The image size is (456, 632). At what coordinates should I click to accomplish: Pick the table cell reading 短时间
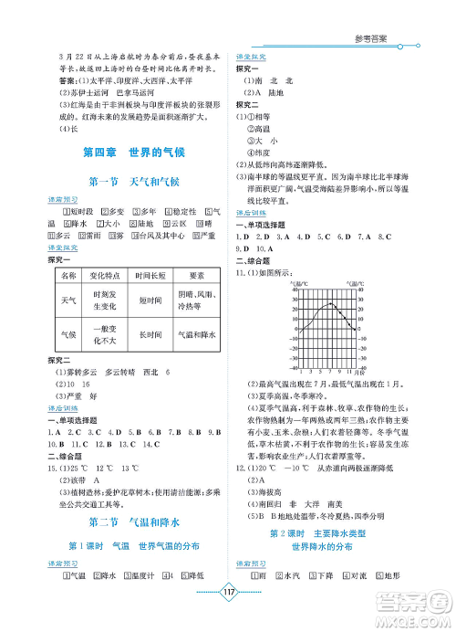[145, 300]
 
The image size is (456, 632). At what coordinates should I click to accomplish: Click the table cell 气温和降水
[196, 334]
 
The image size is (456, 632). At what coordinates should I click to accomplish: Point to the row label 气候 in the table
[67, 334]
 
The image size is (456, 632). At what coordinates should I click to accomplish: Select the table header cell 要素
[196, 275]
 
